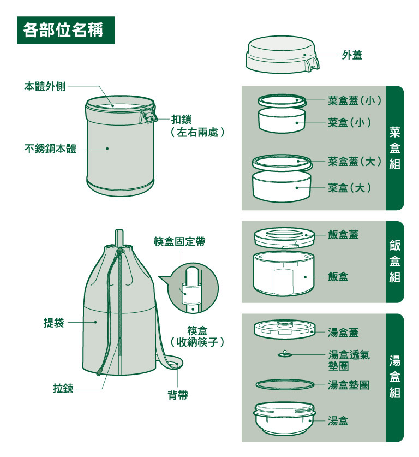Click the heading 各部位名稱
63,30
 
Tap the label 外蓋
352,55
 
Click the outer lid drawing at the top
282,55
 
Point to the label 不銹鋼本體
50,149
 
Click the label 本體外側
45,86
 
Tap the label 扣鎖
181,119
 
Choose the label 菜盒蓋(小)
355,100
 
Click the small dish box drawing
282,120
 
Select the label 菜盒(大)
349,187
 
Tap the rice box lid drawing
284,238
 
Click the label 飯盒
338,277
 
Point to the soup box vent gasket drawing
284,354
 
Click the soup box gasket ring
285,384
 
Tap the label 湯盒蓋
343,333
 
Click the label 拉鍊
63,389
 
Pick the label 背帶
178,395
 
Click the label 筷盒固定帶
179,241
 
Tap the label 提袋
54,323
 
